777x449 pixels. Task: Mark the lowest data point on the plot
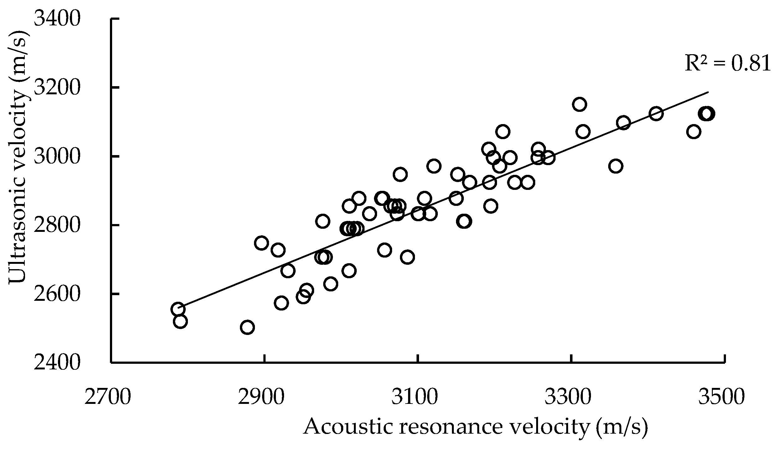pyautogui.click(x=247, y=327)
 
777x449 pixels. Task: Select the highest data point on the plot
pyautogui.click(x=579, y=104)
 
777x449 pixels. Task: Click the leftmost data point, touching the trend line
pyautogui.click(x=178, y=309)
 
